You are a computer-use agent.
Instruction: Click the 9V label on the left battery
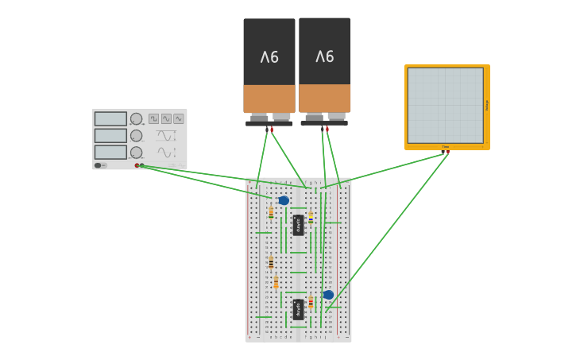pos(269,57)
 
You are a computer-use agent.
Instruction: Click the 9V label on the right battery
pos(325,56)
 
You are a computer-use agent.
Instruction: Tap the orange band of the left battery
pos(269,99)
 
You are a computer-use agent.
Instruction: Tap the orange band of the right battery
pos(325,98)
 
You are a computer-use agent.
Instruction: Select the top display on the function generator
pos(110,118)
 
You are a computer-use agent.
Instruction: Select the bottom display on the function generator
pos(110,152)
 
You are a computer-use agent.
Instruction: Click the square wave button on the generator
pos(153,118)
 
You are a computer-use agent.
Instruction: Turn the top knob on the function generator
pos(137,118)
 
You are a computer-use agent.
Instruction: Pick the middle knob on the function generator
pos(137,135)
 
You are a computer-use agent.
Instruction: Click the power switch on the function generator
pos(99,165)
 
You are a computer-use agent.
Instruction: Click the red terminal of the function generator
pos(137,165)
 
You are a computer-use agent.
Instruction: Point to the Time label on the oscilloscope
pos(445,146)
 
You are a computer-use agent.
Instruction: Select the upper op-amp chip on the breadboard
pos(298,225)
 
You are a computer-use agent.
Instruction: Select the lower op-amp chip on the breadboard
pos(298,309)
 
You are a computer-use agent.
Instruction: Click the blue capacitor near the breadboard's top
pos(284,200)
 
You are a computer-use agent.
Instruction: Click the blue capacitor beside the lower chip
pos(328,295)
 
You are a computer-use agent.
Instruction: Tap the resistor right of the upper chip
pos(311,217)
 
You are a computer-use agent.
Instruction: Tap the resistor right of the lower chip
pos(311,302)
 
